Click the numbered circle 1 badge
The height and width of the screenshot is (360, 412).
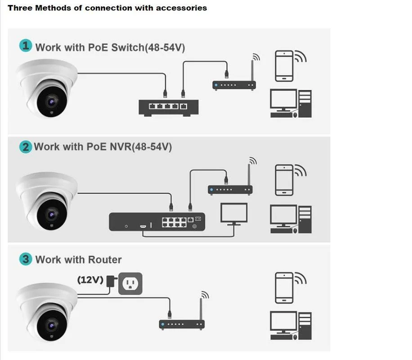point(26,45)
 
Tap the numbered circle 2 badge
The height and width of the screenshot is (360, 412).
point(26,147)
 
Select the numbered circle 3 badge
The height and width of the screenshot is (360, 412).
point(26,259)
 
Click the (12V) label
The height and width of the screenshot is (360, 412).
point(90,280)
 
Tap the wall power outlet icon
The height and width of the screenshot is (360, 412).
point(130,283)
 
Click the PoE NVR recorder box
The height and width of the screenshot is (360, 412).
point(157,222)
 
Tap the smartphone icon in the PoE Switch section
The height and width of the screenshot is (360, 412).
point(284,66)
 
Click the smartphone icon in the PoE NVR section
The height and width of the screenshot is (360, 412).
point(284,180)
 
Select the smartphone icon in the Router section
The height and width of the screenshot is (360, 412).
point(284,288)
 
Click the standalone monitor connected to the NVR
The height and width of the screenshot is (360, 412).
point(234,214)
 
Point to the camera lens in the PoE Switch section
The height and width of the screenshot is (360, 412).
point(52,102)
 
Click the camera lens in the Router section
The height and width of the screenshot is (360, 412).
point(52,325)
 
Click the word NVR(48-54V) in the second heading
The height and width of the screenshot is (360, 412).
point(141,147)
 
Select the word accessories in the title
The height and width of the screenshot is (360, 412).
point(181,8)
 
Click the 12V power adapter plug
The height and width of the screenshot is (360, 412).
point(112,281)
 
